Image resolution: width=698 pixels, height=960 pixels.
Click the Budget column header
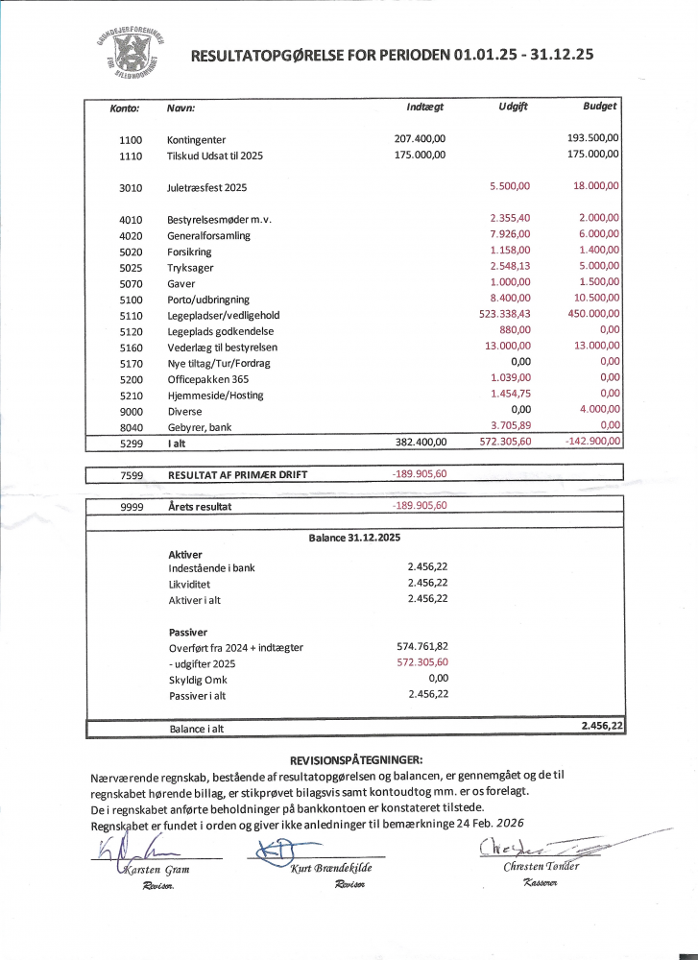point(600,106)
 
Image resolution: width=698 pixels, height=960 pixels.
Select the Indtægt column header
point(424,107)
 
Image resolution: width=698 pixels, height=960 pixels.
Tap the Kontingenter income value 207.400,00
point(420,139)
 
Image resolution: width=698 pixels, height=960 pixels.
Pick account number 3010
point(131,187)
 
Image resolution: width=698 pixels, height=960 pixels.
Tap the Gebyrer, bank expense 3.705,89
point(509,426)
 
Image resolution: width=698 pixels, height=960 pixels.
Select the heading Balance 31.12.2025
point(354,538)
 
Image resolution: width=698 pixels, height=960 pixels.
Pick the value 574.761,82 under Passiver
point(422,647)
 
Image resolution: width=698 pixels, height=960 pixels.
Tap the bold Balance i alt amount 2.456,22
point(602,728)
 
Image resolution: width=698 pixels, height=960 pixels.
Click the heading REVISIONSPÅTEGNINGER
point(355,759)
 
